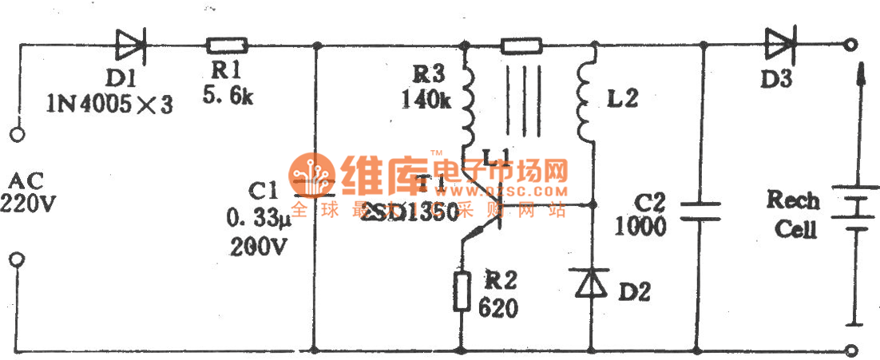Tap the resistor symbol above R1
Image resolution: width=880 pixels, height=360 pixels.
tap(227, 45)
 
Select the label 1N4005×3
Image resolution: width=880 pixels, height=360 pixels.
tap(109, 104)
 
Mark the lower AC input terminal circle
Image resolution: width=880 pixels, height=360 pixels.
tap(17, 259)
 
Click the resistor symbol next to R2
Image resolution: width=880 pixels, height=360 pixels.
tap(462, 291)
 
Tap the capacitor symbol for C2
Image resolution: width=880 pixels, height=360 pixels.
tap(701, 210)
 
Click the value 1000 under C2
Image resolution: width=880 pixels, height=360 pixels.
tap(640, 226)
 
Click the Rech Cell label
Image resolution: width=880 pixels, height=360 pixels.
tap(793, 214)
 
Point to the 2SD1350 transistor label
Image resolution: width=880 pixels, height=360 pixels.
tap(407, 212)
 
